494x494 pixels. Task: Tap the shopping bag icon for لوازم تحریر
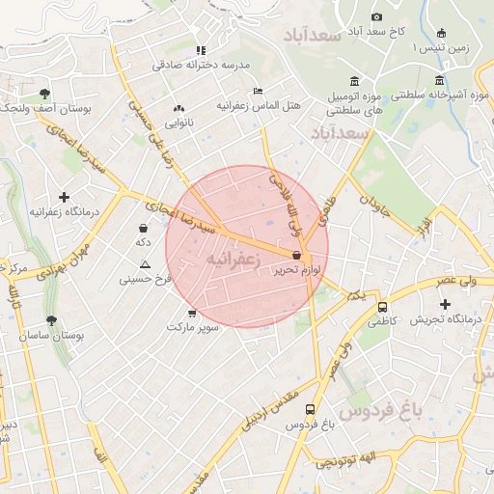coord(295,256)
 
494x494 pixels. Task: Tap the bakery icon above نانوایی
coord(178,108)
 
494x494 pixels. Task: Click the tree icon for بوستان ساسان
coord(51,319)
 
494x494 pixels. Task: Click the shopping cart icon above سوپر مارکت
coord(192,313)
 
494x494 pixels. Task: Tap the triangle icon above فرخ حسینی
coord(145,264)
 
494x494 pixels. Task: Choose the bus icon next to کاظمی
coord(383,306)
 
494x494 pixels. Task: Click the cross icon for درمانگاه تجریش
coord(445,305)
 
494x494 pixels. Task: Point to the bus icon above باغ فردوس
coord(310,409)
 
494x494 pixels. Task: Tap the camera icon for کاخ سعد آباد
coord(376,16)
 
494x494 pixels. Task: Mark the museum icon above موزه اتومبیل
coord(356,80)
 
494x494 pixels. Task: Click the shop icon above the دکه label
coord(144,229)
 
